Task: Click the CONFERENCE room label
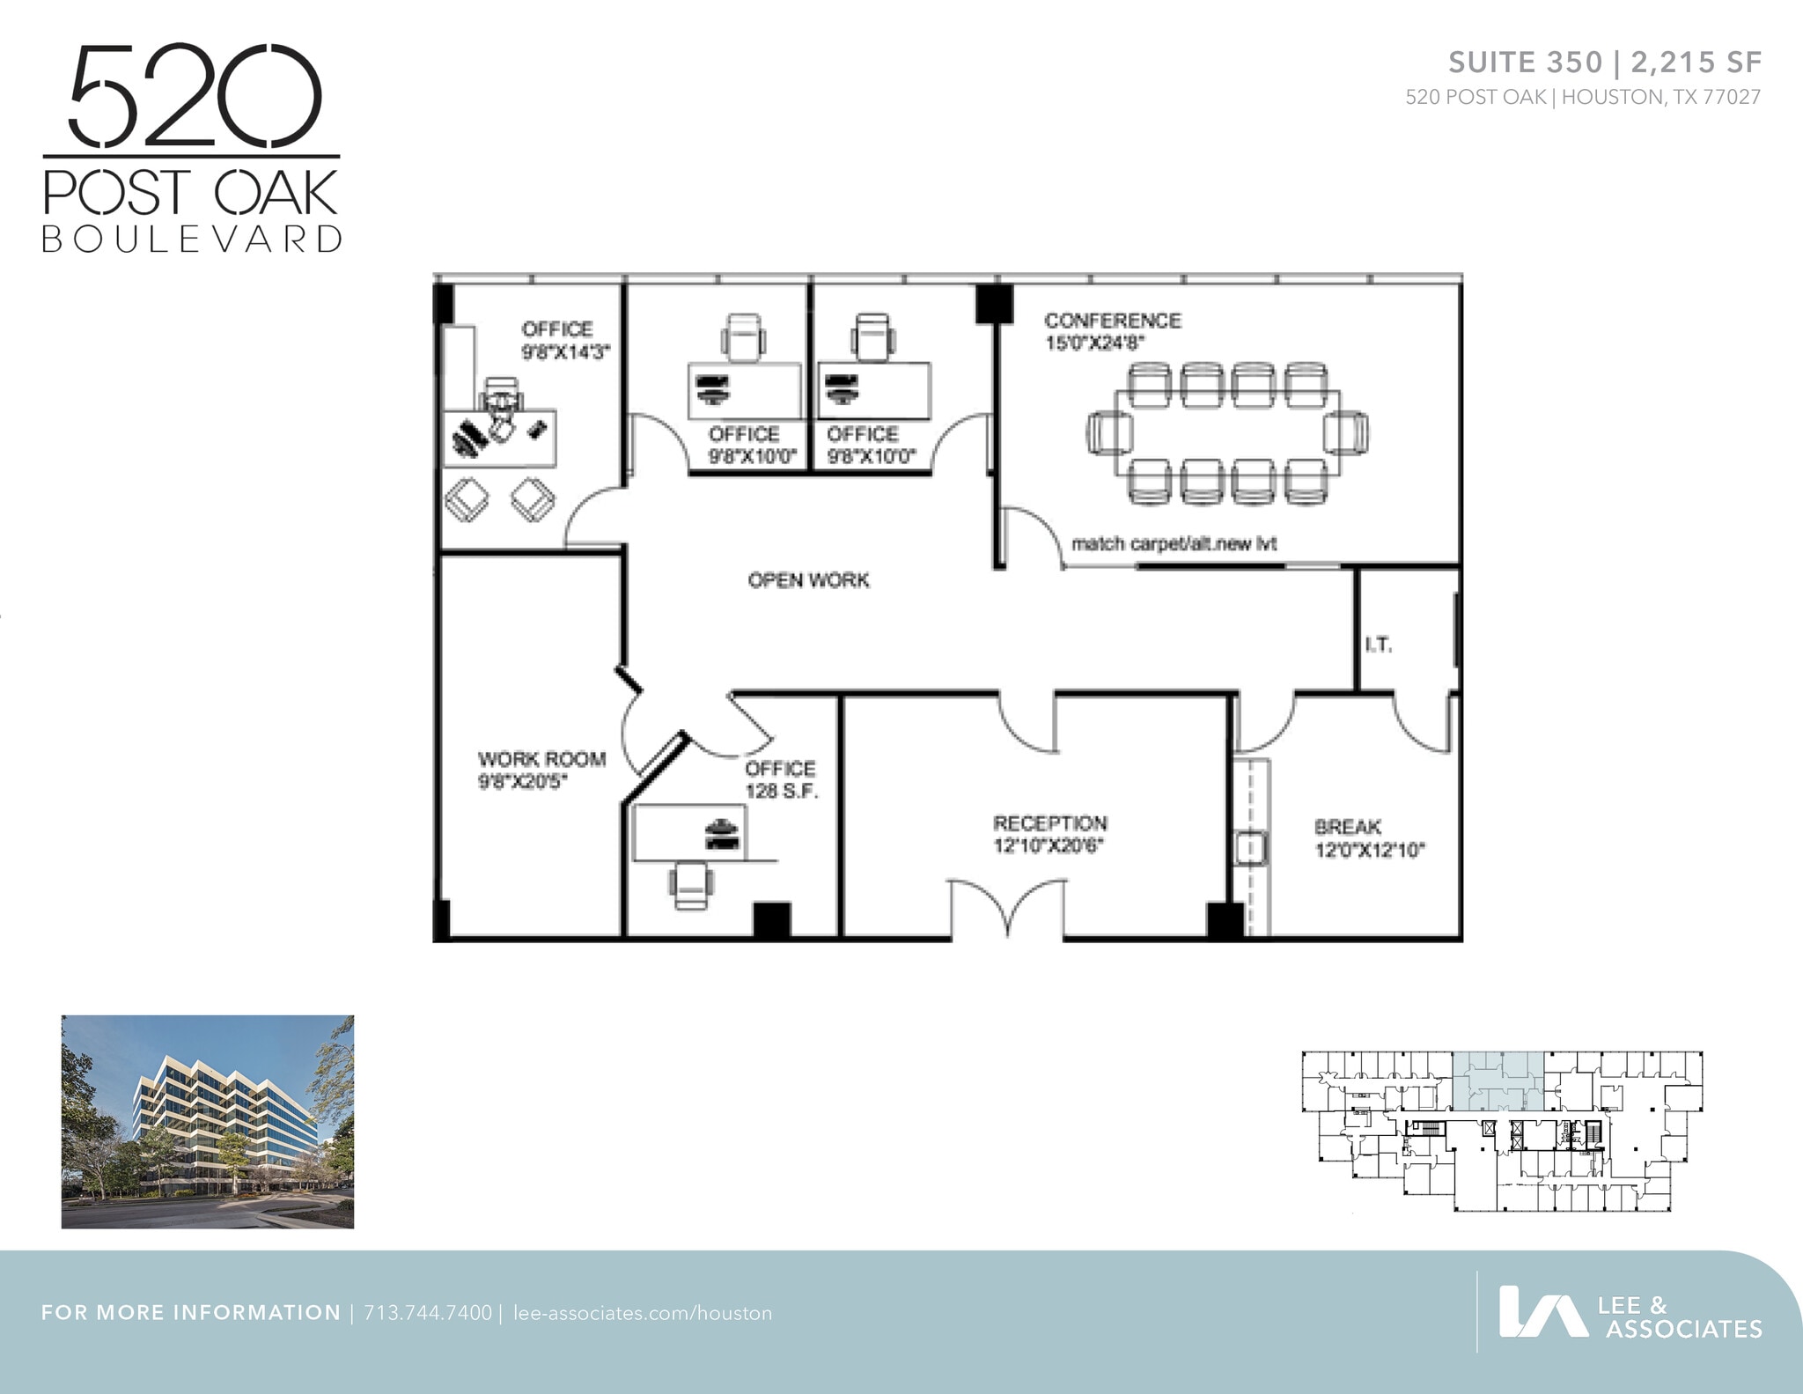pyautogui.click(x=1112, y=321)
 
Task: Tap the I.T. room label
pyautogui.click(x=1378, y=645)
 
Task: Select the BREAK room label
pyautogui.click(x=1347, y=827)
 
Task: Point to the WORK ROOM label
pyautogui.click(x=541, y=759)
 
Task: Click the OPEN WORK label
pyautogui.click(x=808, y=580)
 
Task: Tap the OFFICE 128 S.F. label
pyautogui.click(x=781, y=779)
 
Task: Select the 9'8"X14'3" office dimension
pyautogui.click(x=565, y=352)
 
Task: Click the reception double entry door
pyautogui.click(x=1007, y=908)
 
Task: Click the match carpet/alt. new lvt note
pyautogui.click(x=1174, y=544)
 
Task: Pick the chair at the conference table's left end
pyautogui.click(x=1109, y=433)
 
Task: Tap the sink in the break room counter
pyautogui.click(x=1250, y=848)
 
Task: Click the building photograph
pyautogui.click(x=208, y=1121)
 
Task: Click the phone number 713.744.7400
pyautogui.click(x=428, y=1313)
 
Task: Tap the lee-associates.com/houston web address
pyautogui.click(x=642, y=1313)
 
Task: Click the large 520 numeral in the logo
pyautogui.click(x=195, y=96)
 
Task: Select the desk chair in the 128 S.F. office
pyautogui.click(x=691, y=883)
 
